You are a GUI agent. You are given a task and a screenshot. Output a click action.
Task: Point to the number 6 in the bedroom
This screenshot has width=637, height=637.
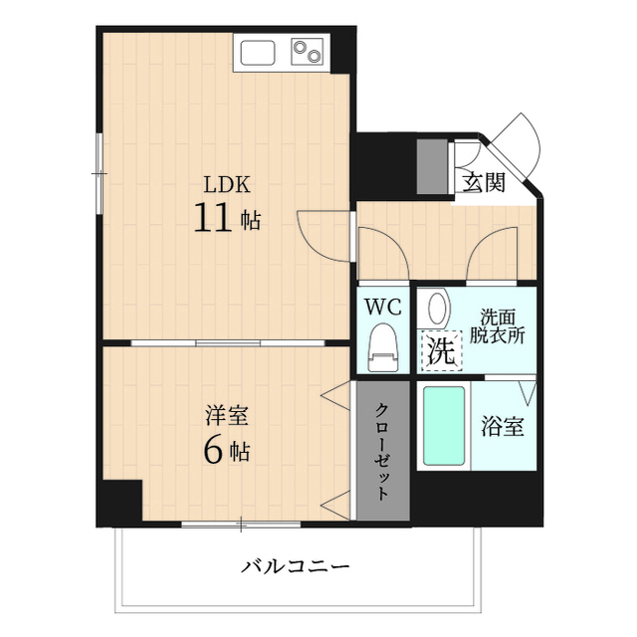coord(213,450)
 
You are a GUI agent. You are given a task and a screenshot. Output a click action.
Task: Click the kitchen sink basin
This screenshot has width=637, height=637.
coord(257,52)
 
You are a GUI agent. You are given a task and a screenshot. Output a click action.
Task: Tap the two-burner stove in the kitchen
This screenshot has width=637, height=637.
coord(308,52)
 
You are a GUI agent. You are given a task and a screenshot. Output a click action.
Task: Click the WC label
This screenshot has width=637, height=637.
coord(382,308)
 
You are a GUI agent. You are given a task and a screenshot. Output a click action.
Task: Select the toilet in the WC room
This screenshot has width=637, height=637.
coord(382,347)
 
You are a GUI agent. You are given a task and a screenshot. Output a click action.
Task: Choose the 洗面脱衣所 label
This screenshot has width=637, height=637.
coord(498,325)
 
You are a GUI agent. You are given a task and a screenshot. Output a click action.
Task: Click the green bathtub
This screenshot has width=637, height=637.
coord(444,426)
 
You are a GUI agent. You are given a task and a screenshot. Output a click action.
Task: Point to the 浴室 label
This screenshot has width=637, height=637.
coord(503,428)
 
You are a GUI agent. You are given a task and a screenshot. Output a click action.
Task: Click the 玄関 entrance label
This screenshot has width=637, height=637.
coord(484,182)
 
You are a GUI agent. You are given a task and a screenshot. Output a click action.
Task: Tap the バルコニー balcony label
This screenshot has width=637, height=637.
coord(296,567)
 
